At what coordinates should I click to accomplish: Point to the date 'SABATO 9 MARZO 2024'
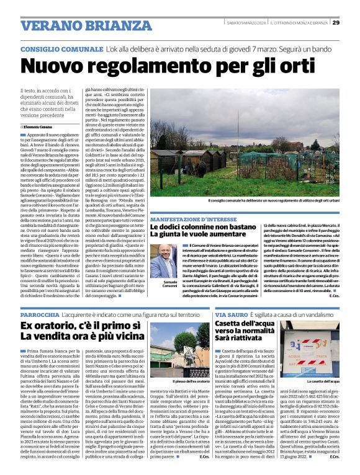point(246,23)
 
